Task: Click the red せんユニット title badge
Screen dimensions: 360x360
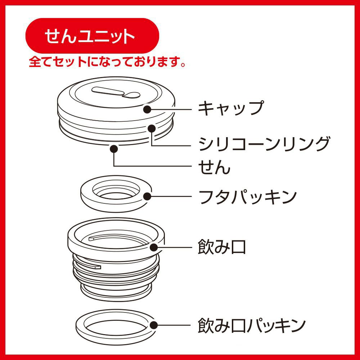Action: [92, 36]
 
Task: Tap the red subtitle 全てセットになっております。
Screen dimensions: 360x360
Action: [107, 62]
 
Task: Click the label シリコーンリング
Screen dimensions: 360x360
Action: [264, 144]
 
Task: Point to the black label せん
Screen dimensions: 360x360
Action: [214, 167]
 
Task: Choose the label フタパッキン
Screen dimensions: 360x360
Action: [248, 197]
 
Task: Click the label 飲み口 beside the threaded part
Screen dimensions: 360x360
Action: [222, 247]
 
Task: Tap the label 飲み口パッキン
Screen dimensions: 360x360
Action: [252, 325]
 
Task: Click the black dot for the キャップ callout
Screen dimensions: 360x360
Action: [147, 109]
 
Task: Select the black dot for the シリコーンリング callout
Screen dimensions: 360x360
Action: [152, 129]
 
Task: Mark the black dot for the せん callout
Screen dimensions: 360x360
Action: [114, 149]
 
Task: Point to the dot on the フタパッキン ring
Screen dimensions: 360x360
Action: [147, 197]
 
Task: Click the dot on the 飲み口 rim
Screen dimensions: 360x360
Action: [154, 247]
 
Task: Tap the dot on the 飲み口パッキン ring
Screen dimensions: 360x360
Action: [154, 325]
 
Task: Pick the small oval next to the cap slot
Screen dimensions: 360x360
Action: [131, 95]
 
